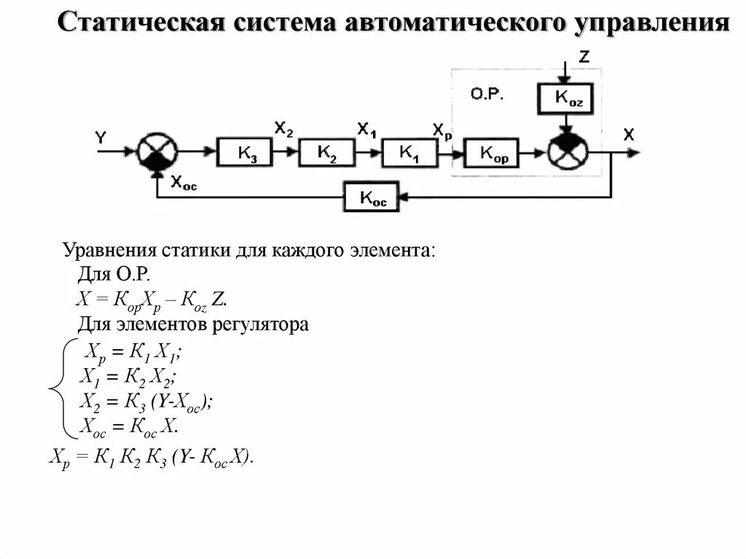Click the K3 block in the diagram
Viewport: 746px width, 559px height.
pos(244,153)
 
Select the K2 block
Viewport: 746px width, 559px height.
pos(326,152)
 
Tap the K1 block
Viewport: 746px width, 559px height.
pos(408,152)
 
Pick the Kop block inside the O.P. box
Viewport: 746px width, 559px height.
pos(494,154)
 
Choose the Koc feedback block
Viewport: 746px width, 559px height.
pos(372,197)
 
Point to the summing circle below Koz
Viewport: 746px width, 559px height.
pos(567,151)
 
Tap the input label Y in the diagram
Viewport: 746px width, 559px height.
pos(101,138)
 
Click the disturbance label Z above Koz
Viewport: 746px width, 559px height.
pos(584,56)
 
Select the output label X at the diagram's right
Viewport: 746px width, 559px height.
pos(629,134)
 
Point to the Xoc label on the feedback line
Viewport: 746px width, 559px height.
pos(183,184)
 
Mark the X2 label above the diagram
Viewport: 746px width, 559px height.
pos(283,129)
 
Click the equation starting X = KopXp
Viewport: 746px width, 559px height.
pos(152,300)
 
